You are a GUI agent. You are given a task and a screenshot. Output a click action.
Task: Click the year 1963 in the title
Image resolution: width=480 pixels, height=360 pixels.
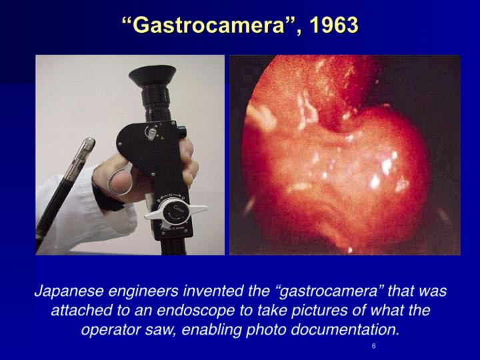tap(331, 25)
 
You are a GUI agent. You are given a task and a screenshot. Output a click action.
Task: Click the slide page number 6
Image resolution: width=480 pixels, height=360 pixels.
tap(374, 347)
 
